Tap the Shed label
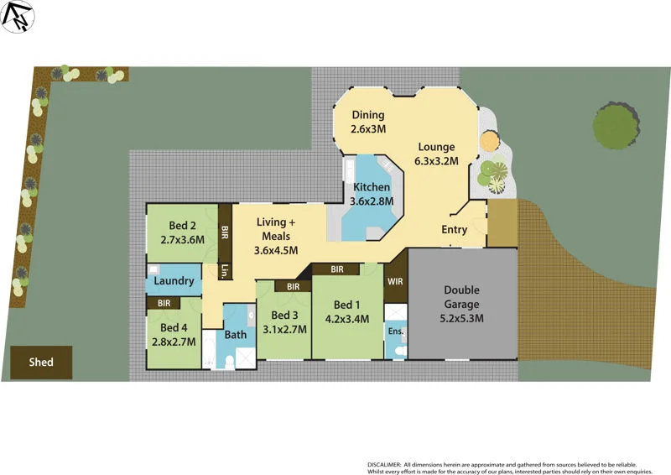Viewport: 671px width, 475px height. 41,363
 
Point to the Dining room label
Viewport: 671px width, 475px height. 368,122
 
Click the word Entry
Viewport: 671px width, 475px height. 455,230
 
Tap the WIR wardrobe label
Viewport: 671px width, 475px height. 395,282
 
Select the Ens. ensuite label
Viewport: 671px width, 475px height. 396,331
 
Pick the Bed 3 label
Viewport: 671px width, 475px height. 284,321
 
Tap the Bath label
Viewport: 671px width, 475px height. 236,335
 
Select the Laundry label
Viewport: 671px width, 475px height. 174,281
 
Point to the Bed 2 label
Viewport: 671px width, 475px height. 182,232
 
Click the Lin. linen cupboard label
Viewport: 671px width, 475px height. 225,271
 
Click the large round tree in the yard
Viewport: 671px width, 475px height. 618,126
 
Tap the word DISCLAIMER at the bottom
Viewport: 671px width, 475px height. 384,464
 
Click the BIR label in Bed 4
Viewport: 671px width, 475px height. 164,303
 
